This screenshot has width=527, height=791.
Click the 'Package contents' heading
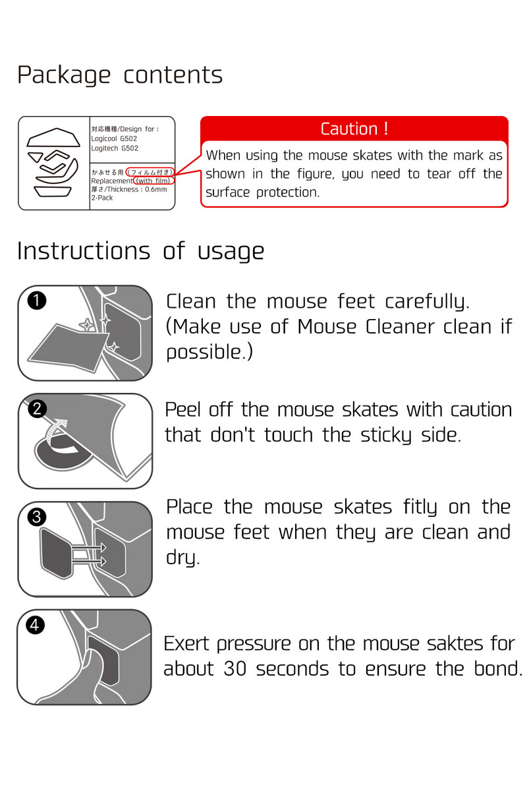point(119,75)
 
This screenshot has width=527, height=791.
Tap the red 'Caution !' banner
point(354,129)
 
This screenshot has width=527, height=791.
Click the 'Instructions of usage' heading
point(140,251)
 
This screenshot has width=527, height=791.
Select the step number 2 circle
point(38,409)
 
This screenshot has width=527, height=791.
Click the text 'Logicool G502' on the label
point(115,139)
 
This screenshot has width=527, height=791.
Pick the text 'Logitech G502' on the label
point(115,148)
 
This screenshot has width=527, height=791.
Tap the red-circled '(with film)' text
point(153,181)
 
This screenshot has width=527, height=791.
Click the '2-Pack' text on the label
point(102,198)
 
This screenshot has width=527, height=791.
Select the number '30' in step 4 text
point(236,669)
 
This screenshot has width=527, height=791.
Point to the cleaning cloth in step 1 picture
point(66,349)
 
